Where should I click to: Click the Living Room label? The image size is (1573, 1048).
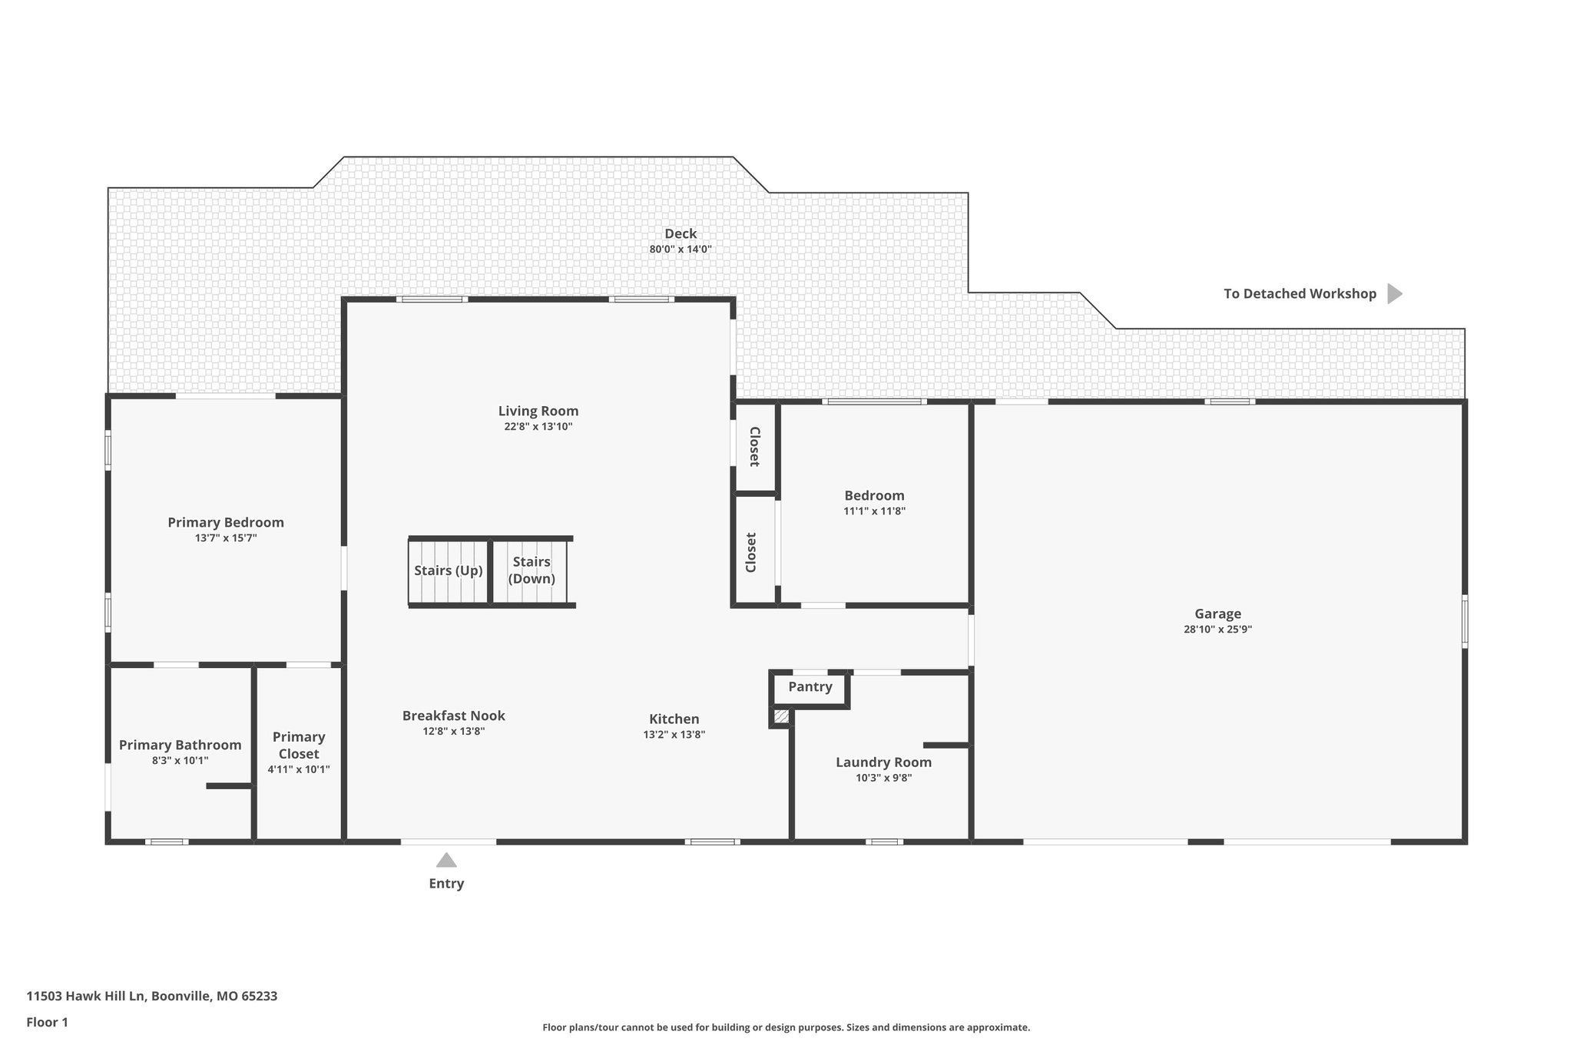538,411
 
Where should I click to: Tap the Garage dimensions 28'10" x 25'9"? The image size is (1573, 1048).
1217,630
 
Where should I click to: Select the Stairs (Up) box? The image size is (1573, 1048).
449,571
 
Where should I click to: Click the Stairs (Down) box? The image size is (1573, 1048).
532,571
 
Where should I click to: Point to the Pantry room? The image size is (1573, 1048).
810,687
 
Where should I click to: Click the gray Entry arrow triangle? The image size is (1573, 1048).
446,860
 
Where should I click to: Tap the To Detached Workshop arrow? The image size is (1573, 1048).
1394,293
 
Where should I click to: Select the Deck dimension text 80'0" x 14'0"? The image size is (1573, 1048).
681,250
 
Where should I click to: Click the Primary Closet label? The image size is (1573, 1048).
299,745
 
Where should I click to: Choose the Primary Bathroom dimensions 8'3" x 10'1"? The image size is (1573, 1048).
180,761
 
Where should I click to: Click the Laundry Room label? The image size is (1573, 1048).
883,762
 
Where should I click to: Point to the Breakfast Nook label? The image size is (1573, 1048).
453,716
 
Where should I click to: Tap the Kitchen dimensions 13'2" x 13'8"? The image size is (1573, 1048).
674,735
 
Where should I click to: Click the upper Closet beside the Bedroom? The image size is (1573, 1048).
754,447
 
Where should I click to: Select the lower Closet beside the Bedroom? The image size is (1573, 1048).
752,552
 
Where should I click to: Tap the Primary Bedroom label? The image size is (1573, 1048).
226,523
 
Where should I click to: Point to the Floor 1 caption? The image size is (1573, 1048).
47,1023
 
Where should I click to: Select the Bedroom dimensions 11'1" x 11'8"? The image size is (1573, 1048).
874,511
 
